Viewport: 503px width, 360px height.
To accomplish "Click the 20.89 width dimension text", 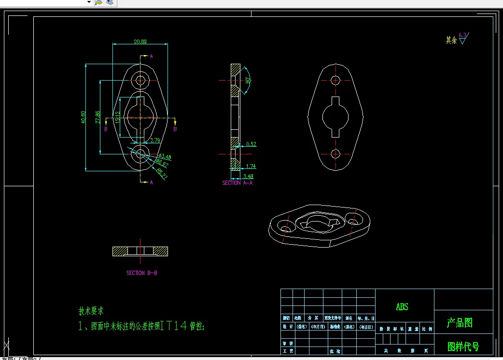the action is pos(140,42).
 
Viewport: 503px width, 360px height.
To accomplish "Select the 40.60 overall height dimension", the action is pos(84,117).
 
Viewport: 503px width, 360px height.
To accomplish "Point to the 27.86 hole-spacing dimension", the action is pos(98,116).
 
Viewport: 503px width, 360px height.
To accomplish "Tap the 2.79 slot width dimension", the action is pos(155,140).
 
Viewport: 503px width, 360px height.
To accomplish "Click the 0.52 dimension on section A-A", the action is pos(251,144).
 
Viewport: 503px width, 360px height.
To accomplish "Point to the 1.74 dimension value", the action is pos(251,166).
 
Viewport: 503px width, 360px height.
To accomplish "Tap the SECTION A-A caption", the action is pos(238,183).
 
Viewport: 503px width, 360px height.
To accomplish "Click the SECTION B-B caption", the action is pos(142,273).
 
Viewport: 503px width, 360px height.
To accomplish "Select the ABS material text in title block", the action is pos(402,307).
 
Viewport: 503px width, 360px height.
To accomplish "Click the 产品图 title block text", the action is pos(460,323).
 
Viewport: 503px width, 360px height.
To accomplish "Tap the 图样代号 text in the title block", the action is pos(463,346).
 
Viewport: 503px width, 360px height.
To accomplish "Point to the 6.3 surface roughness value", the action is pos(462,35).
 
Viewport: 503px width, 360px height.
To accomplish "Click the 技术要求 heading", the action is pos(91,311).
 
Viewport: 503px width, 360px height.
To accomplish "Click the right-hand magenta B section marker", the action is pos(175,129).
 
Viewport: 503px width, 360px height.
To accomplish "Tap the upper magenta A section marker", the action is pos(151,56).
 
